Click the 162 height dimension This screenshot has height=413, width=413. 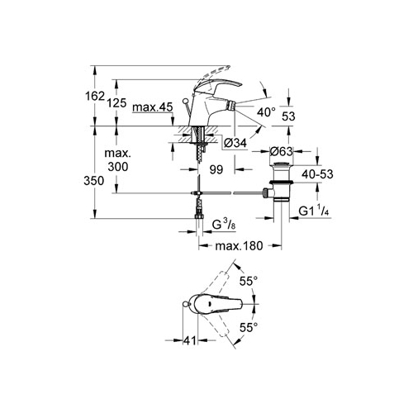pyautogui.click(x=95, y=96)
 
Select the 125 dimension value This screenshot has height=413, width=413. pyautogui.click(x=116, y=103)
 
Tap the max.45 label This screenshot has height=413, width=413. pyautogui.click(x=153, y=107)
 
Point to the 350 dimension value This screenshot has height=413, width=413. pyautogui.click(x=94, y=181)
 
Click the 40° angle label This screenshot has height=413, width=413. pyautogui.click(x=266, y=112)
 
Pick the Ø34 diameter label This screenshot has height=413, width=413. pyautogui.click(x=235, y=143)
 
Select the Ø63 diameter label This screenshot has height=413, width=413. pyautogui.click(x=281, y=151)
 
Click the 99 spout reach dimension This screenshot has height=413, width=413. pyautogui.click(x=216, y=169)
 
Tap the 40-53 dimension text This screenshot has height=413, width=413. pyautogui.click(x=317, y=174)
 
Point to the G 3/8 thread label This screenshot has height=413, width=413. pyautogui.click(x=224, y=225)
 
